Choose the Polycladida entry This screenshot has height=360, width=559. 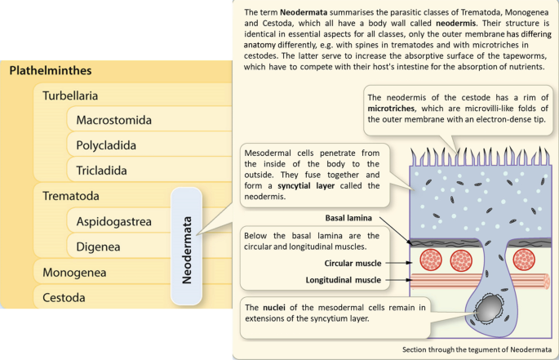click(106, 145)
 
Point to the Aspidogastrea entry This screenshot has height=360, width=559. click(113, 221)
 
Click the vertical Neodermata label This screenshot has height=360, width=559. click(187, 247)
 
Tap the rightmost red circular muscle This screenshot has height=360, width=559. click(526, 260)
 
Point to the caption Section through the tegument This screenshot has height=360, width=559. click(476, 349)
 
